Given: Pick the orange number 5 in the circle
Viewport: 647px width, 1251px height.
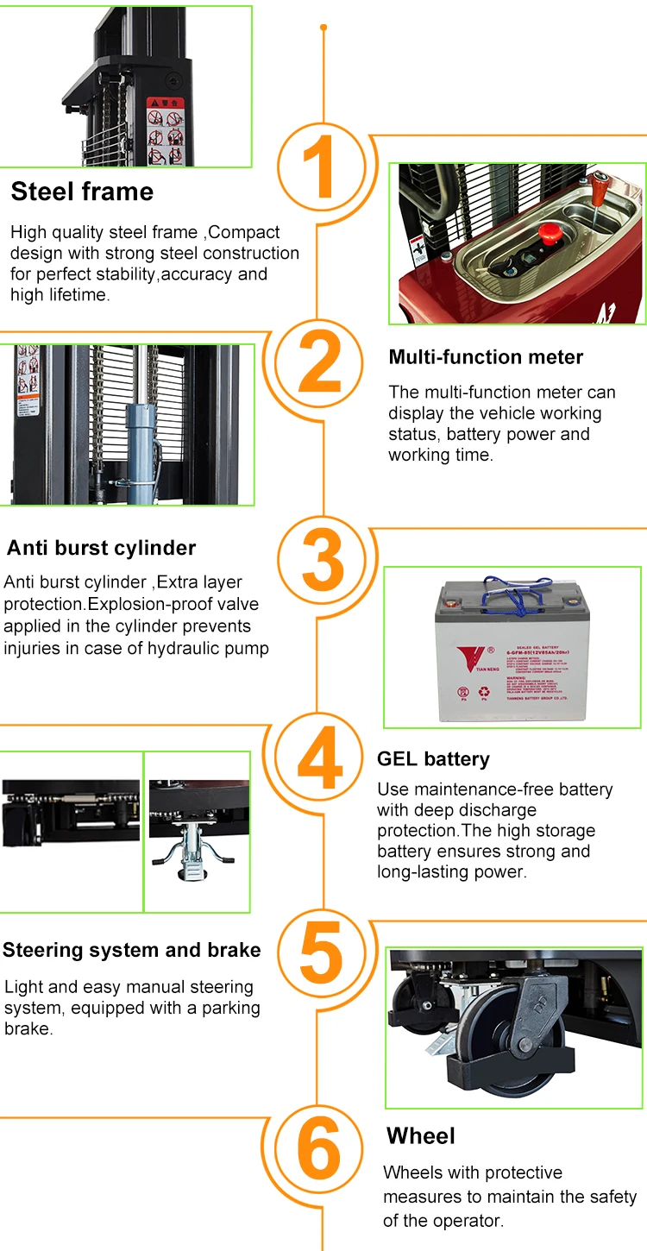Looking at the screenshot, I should coord(322,952).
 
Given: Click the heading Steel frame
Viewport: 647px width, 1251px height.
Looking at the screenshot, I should coord(82,192).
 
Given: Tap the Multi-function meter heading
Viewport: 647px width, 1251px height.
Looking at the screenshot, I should coord(486,357).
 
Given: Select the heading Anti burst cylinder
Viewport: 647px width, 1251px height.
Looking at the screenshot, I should coord(101,548).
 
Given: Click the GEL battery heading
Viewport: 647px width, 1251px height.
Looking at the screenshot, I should coord(433,759).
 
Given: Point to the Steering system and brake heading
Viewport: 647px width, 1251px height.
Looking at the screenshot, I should coord(131,950).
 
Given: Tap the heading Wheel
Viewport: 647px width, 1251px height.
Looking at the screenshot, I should coord(421,1135).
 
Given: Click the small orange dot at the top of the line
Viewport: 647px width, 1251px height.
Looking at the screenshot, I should coord(323,28).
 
